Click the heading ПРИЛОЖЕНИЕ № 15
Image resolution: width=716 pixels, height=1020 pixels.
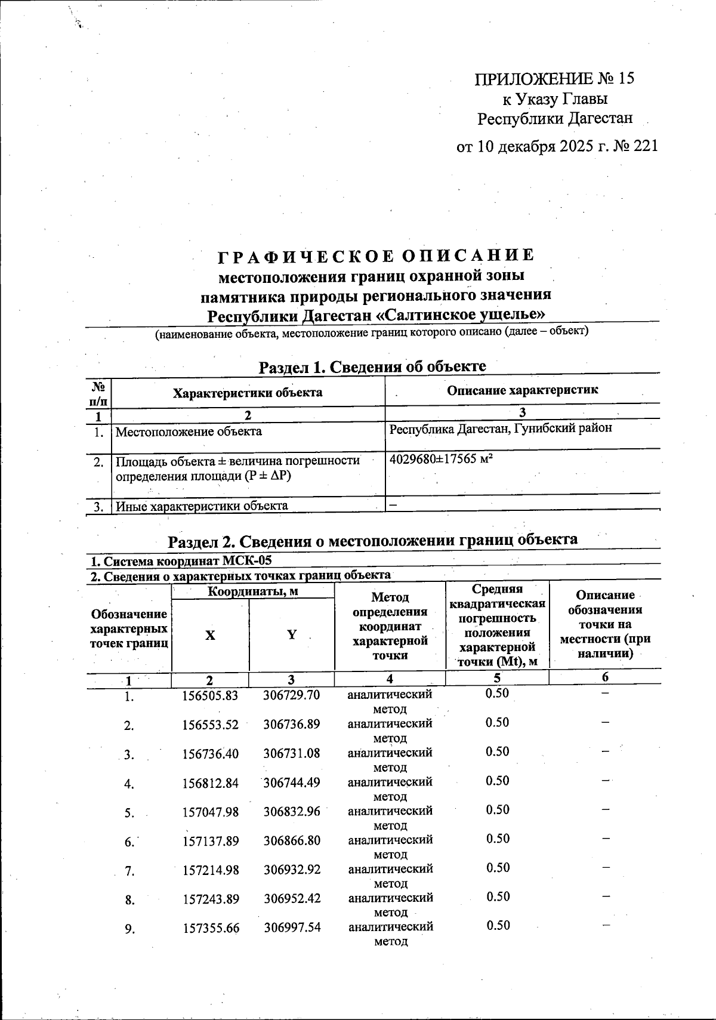point(554,79)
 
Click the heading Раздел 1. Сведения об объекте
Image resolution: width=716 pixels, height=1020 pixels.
point(372,366)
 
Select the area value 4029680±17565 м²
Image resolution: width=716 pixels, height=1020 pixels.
point(440,460)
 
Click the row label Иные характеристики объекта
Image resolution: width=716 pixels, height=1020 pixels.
point(202,506)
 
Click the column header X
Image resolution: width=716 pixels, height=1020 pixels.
point(210,636)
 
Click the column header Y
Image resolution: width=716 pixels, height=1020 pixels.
point(291,635)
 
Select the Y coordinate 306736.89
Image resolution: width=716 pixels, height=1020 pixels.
point(292,725)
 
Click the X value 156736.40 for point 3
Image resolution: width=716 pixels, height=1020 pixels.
point(210,754)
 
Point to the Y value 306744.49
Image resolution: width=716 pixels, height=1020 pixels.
point(292,782)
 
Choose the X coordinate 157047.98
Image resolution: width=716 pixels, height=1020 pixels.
point(210,812)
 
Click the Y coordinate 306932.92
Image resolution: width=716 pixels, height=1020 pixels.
point(292,870)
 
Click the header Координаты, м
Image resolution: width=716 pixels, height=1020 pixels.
point(252,591)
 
